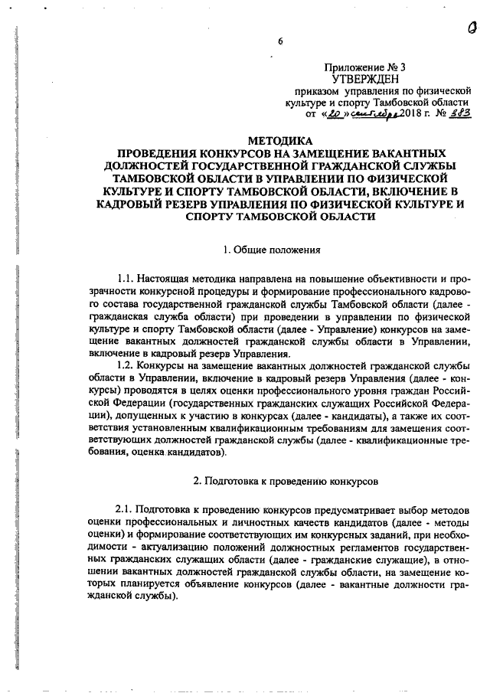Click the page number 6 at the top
coord(280,42)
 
